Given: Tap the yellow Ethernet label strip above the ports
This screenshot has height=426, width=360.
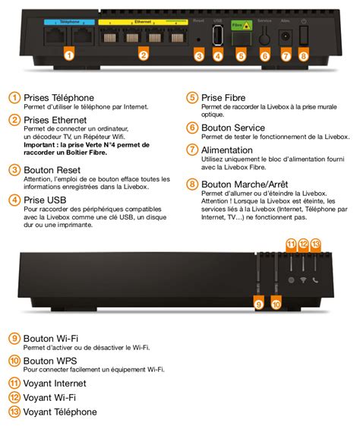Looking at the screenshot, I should (144, 24).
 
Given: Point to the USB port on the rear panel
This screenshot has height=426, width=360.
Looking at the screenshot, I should (218, 36).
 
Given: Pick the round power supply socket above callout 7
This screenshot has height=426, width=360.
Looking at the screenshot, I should (286, 35).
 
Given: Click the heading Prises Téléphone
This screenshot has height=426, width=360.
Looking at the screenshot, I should (59, 98).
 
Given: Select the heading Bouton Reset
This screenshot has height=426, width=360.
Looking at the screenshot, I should (52, 170).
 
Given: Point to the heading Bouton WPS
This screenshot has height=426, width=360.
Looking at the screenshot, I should (51, 361).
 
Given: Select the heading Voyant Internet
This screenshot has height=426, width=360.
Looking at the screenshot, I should (55, 383).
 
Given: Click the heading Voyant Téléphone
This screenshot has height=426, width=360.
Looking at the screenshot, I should (60, 412).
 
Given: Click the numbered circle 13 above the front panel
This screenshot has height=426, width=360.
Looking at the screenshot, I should (317, 244).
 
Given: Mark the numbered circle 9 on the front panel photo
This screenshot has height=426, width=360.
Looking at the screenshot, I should (258, 304).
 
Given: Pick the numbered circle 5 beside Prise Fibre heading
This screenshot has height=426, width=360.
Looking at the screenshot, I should (192, 98).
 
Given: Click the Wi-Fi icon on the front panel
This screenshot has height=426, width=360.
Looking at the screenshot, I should (303, 279).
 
